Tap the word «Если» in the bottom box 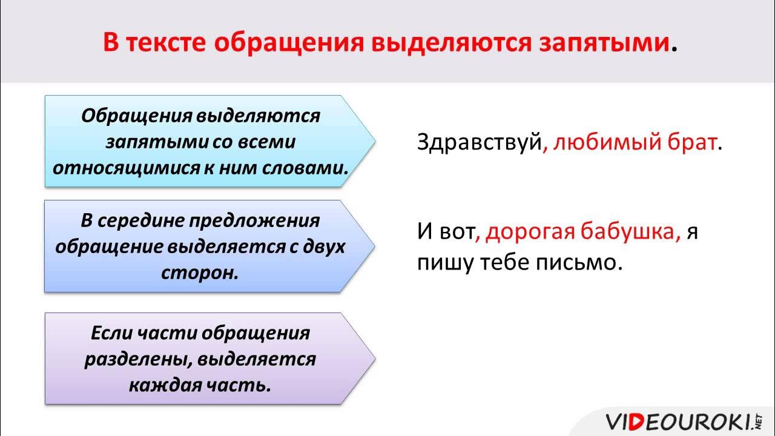coord(111,333)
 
